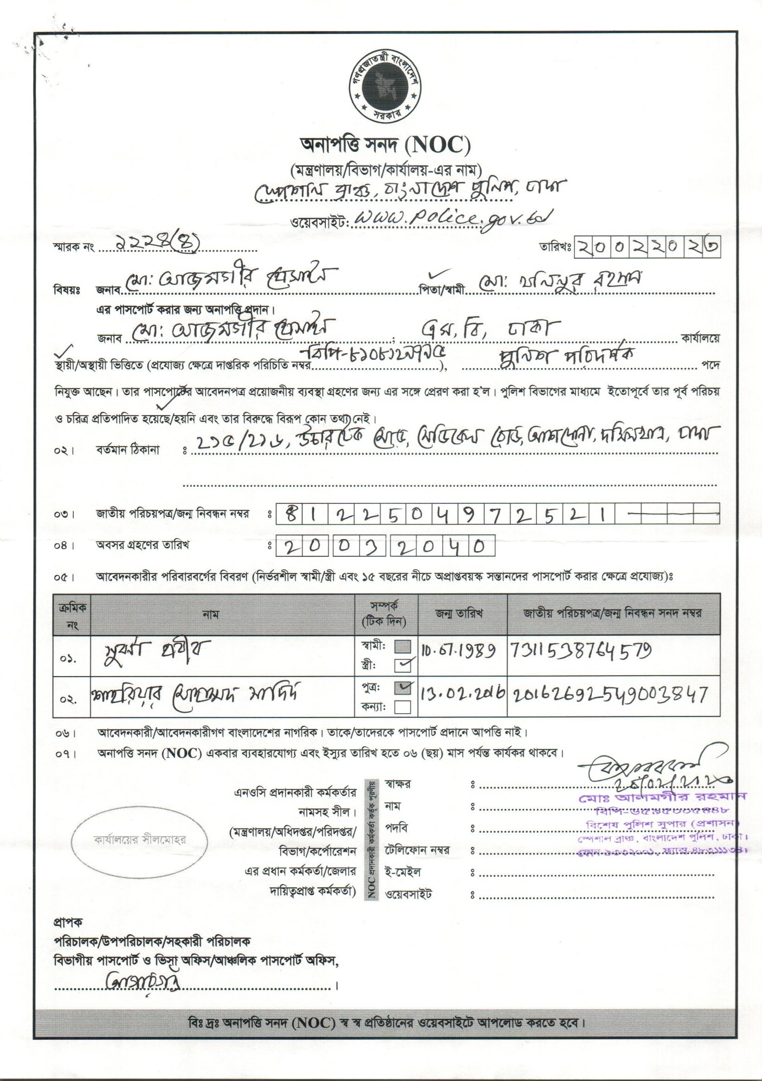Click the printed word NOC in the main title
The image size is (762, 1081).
coord(439,145)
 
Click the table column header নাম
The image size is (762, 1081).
coord(211,614)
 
